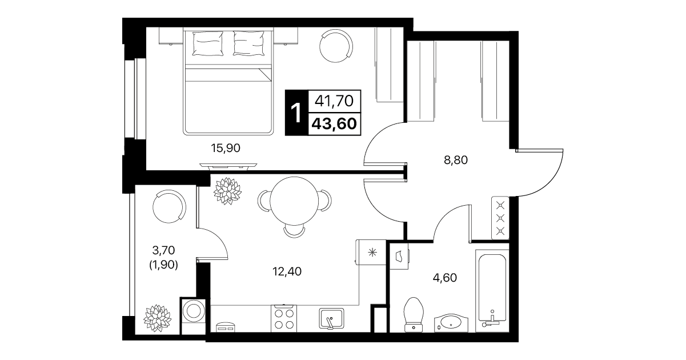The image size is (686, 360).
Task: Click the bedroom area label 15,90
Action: pyautogui.click(x=226, y=149)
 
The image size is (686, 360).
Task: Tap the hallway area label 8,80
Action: pyautogui.click(x=456, y=160)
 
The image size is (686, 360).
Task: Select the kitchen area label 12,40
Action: pyautogui.click(x=287, y=271)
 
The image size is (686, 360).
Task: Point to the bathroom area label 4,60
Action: pyautogui.click(x=445, y=278)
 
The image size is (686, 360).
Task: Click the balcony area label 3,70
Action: pyautogui.click(x=163, y=250)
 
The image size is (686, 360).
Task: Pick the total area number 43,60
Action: pyautogui.click(x=334, y=124)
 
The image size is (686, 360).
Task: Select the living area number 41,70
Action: pyautogui.click(x=334, y=101)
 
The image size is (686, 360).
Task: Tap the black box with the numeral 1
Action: pyautogui.click(x=296, y=113)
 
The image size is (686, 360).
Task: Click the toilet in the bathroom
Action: pyautogui.click(x=414, y=315)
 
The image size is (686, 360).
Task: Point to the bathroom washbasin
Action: pyautogui.click(x=451, y=323)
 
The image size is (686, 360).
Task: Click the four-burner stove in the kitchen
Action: pyautogui.click(x=284, y=319)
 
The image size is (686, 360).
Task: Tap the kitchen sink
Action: pyautogui.click(x=331, y=319)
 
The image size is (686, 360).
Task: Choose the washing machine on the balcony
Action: pyautogui.click(x=193, y=316)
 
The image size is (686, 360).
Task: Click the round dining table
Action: pyautogui.click(x=294, y=201)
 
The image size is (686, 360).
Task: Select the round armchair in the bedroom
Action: pyautogui.click(x=336, y=46)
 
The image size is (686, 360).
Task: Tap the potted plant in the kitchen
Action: pyautogui.click(x=227, y=190)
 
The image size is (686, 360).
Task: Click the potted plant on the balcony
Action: pyautogui.click(x=157, y=318)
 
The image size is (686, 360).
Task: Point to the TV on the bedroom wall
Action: pyautogui.click(x=228, y=166)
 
